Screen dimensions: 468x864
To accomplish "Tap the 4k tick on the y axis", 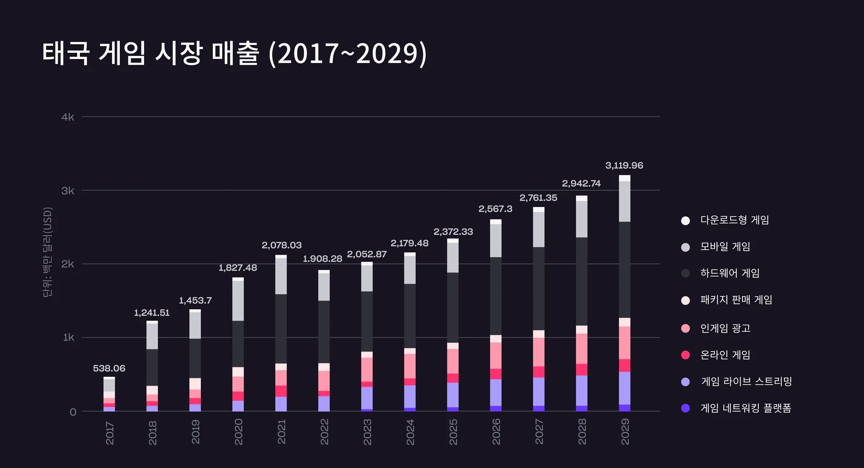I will (x=67, y=117).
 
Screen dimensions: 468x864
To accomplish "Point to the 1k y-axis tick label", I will (x=68, y=337).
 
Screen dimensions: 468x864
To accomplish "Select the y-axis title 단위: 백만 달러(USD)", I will (x=48, y=252).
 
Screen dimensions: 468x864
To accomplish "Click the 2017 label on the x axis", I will (x=109, y=433).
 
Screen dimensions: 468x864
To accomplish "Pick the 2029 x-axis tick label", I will (x=625, y=432).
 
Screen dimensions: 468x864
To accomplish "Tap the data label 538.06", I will (x=109, y=369).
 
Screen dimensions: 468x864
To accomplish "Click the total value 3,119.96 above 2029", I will (x=624, y=166).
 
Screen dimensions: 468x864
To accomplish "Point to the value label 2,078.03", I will (x=282, y=245).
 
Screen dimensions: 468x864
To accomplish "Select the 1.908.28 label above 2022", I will (x=322, y=259).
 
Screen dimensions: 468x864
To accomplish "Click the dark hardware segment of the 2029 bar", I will (x=625, y=270).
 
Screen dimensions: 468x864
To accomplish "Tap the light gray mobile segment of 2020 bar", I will (x=238, y=301).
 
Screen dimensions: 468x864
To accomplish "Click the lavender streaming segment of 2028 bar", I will (x=581, y=391).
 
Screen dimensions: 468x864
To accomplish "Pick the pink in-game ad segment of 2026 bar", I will (x=495, y=355).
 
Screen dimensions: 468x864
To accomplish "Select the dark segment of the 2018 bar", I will (x=152, y=367).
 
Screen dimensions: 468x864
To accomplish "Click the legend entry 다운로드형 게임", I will (x=734, y=220).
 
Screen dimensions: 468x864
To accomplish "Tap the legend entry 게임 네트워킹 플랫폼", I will (x=745, y=408).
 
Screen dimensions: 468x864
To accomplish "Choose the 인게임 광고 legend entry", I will (x=725, y=328).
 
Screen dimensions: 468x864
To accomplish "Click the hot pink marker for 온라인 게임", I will (x=685, y=355).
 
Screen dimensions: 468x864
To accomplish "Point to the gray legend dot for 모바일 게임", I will (x=685, y=247).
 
